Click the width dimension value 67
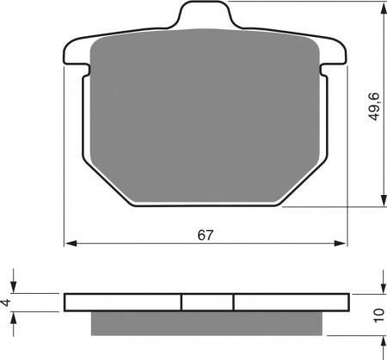(206, 235)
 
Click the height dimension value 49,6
(374, 107)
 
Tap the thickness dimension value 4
(7, 302)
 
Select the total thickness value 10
(379, 315)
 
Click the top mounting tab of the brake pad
(205, 15)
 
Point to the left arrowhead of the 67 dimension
(71, 243)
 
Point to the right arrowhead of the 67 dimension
(341, 243)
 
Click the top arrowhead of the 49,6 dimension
(384, 8)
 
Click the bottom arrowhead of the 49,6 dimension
(384, 199)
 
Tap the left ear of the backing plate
(76, 53)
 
